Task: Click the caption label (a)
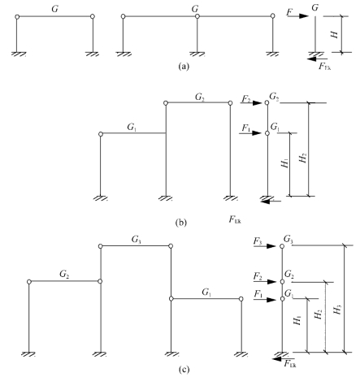click(184, 66)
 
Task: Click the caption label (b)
click(181, 223)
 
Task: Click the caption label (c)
click(184, 369)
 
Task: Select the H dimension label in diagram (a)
click(335, 34)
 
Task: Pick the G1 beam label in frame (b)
click(132, 127)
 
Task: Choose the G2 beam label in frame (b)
click(200, 97)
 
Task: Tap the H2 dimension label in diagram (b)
click(302, 158)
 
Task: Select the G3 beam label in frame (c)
click(137, 240)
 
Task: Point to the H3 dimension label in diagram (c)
click(337, 310)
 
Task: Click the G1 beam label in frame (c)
click(206, 292)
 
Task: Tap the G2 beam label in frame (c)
click(64, 275)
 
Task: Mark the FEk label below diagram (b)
click(235, 219)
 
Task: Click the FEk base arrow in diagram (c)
click(284, 359)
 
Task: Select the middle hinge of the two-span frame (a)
click(197, 16)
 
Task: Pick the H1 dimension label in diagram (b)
click(284, 164)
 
